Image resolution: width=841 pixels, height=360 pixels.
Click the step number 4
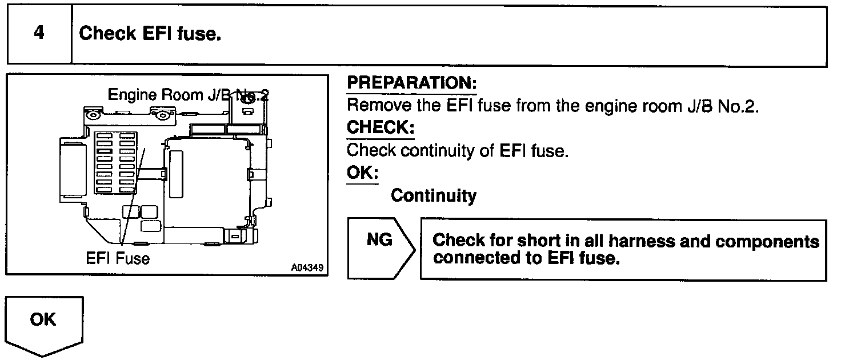click(39, 33)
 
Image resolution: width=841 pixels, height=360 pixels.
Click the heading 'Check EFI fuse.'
click(150, 34)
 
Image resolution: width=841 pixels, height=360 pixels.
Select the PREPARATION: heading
click(411, 83)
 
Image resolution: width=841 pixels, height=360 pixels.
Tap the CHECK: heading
click(380, 128)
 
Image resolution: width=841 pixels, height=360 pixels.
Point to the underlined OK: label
click(362, 173)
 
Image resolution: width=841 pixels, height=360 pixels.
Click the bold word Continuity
click(433, 196)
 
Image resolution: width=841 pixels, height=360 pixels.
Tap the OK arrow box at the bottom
click(44, 326)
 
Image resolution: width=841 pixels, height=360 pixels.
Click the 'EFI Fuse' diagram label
click(118, 259)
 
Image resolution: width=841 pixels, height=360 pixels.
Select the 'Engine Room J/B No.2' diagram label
click(189, 94)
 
